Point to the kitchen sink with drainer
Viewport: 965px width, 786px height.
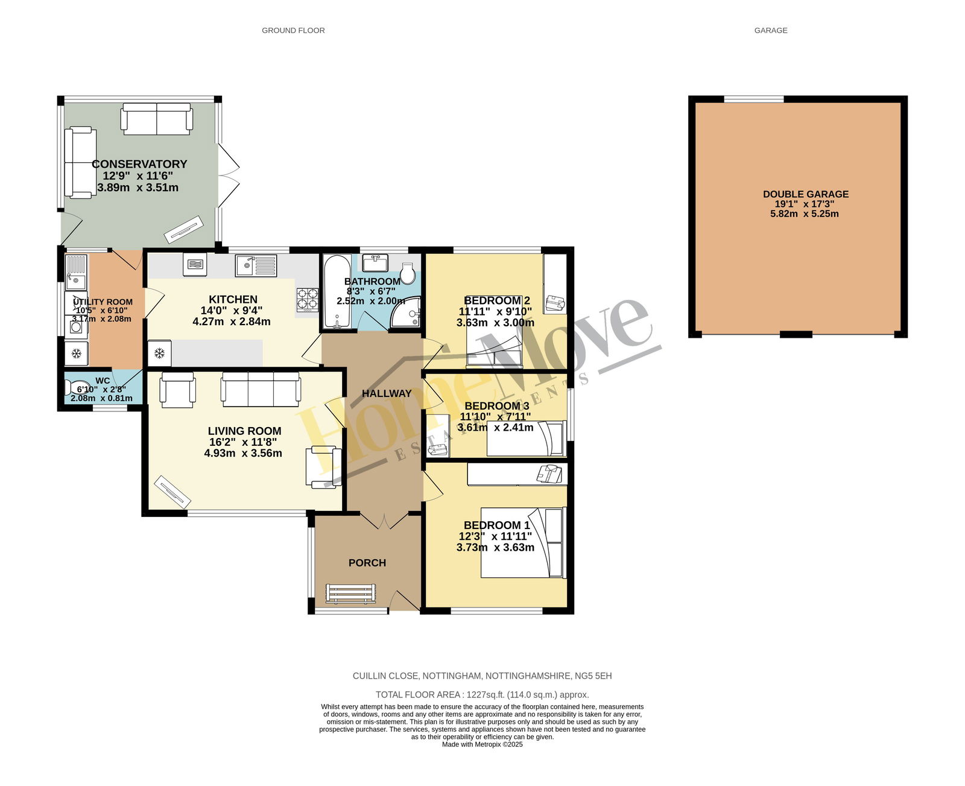coord(256,265)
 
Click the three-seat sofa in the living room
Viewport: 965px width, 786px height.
coord(261,389)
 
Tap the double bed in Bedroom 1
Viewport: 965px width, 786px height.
coord(524,543)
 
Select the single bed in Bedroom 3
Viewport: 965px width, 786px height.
coord(527,438)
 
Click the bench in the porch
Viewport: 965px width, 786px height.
coord(350,593)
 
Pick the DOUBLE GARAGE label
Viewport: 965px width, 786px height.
coord(806,194)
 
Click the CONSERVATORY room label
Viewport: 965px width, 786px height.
coord(139,164)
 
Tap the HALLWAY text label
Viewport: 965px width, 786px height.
coord(387,393)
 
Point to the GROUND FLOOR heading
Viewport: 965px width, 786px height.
coord(293,30)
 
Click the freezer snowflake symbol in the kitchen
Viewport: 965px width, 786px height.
coord(159,353)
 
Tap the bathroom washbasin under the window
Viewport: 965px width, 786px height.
coord(375,263)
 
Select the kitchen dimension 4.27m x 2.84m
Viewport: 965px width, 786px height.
coord(232,322)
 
